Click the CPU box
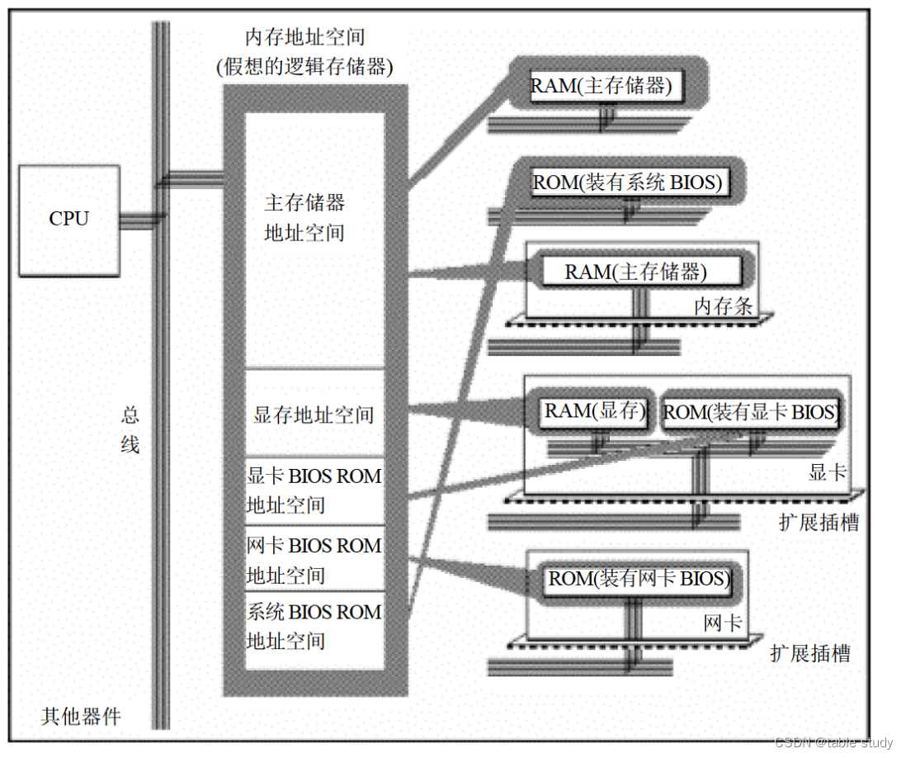click(x=68, y=220)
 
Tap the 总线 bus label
click(x=130, y=429)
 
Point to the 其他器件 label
click(x=82, y=715)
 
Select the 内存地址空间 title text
click(x=304, y=37)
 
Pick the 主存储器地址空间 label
click(x=304, y=217)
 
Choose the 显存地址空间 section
click(x=314, y=415)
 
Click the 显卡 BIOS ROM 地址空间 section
click(x=314, y=490)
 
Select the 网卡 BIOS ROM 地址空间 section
click(x=314, y=560)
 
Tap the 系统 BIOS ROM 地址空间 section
click(x=314, y=626)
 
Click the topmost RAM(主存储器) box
click(x=601, y=86)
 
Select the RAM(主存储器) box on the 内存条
click(x=636, y=272)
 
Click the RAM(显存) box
click(x=594, y=411)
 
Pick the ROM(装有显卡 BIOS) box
click(x=750, y=412)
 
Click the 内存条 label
click(x=723, y=306)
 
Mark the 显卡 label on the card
click(x=828, y=472)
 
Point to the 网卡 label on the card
click(x=723, y=623)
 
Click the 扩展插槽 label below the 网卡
click(x=809, y=654)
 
